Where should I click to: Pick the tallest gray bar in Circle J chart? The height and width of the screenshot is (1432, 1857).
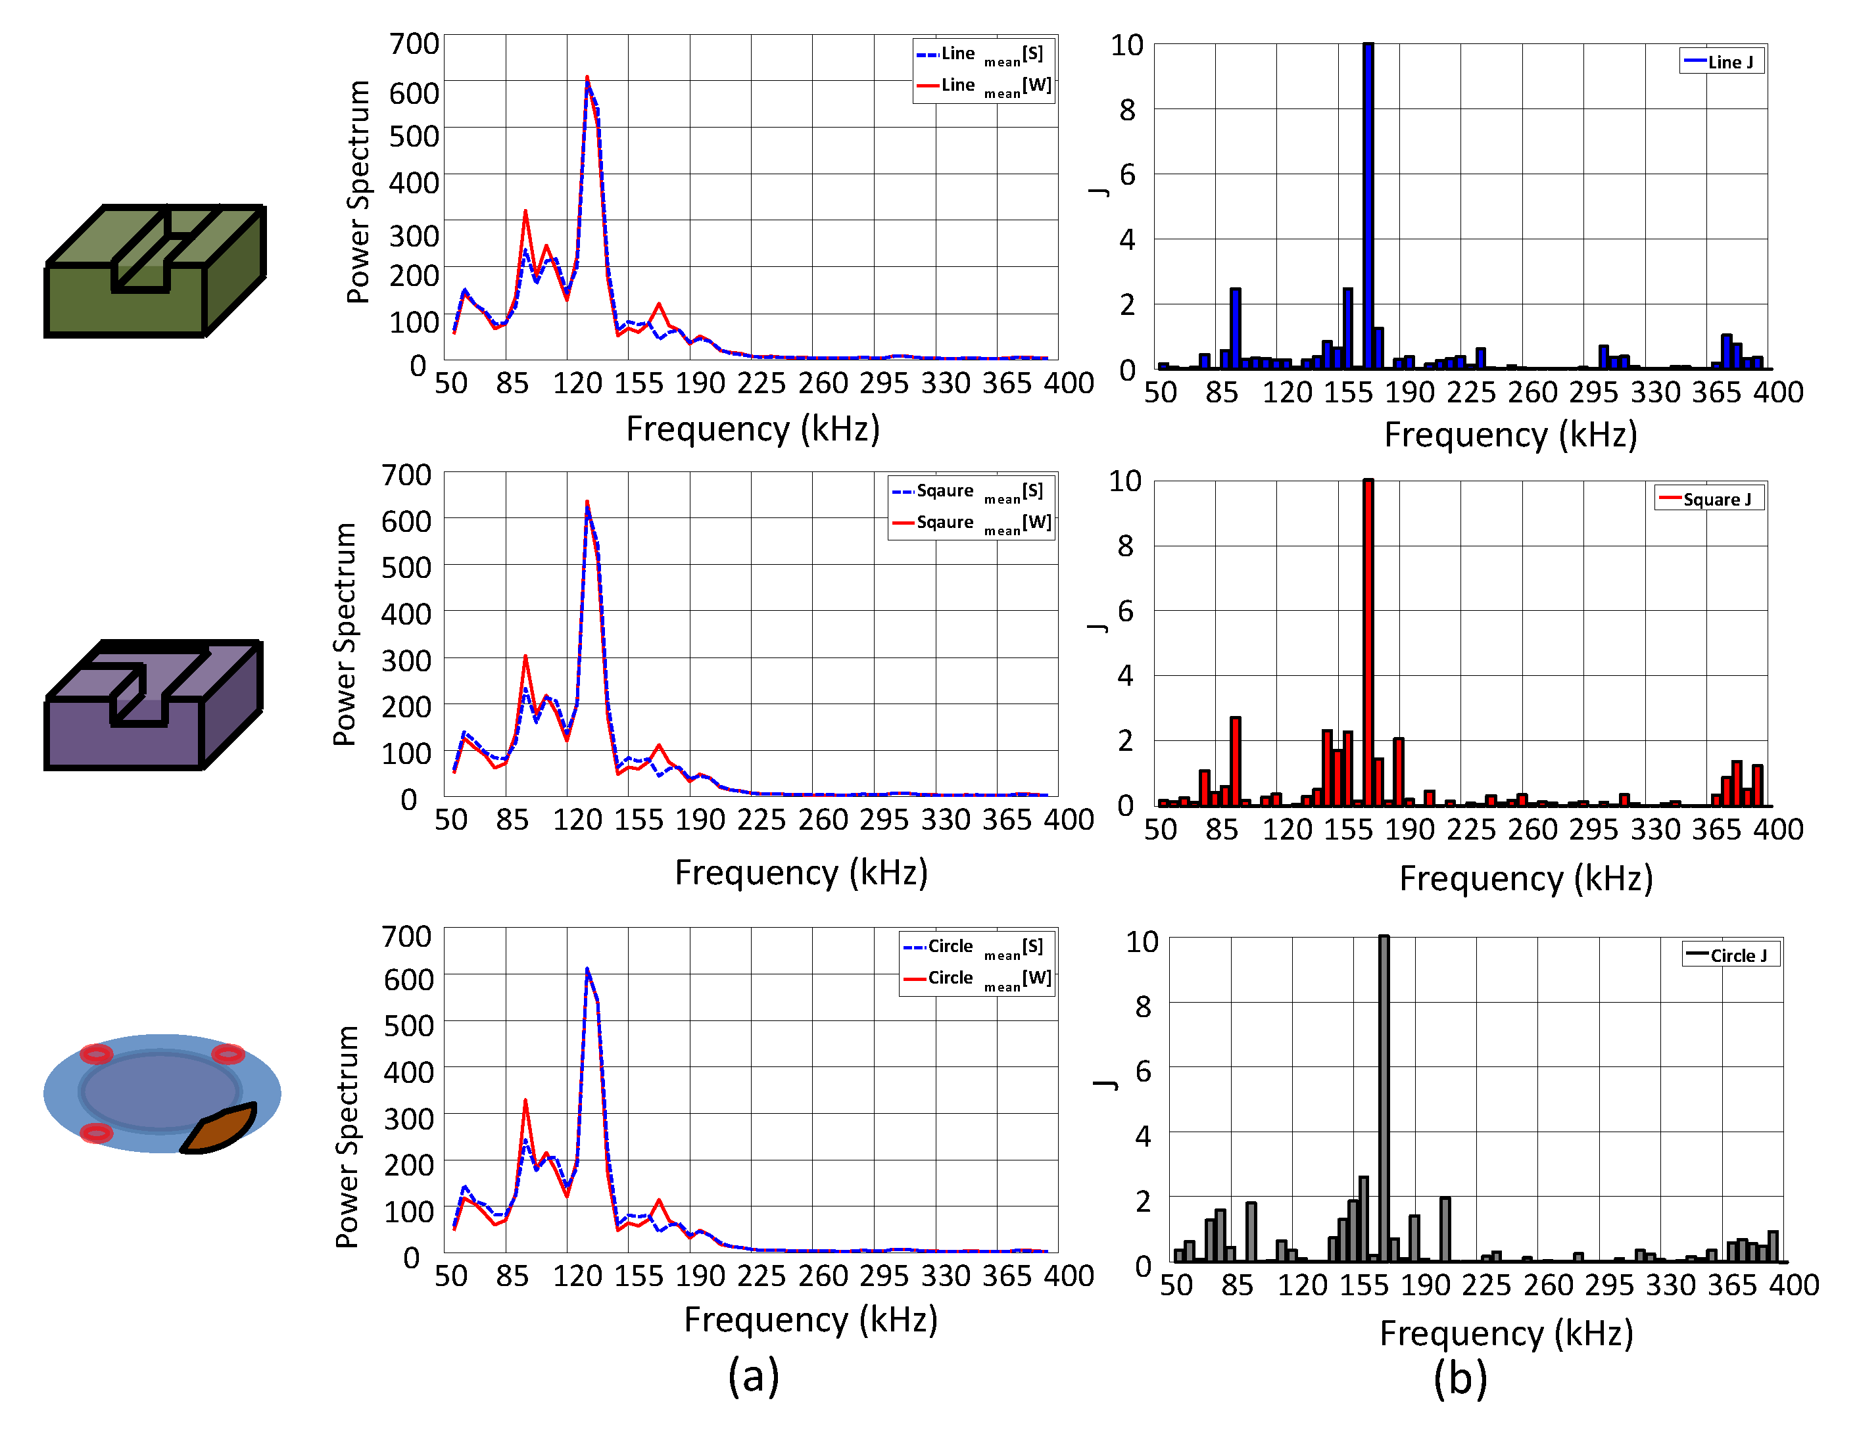pyautogui.click(x=1384, y=1097)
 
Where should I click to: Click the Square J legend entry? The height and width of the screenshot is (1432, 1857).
pyautogui.click(x=1710, y=499)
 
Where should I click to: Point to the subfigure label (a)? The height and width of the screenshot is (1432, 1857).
pyautogui.click(x=754, y=1376)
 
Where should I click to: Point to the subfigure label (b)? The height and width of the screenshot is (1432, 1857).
pyautogui.click(x=1460, y=1377)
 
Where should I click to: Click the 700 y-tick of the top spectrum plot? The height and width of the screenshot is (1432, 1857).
pyautogui.click(x=414, y=43)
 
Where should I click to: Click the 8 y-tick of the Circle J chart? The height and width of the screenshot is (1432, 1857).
pyautogui.click(x=1143, y=1007)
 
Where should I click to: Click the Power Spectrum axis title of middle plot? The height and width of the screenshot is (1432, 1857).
pyautogui.click(x=345, y=634)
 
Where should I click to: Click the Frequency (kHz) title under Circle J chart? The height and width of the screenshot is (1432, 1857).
pyautogui.click(x=1506, y=1333)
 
